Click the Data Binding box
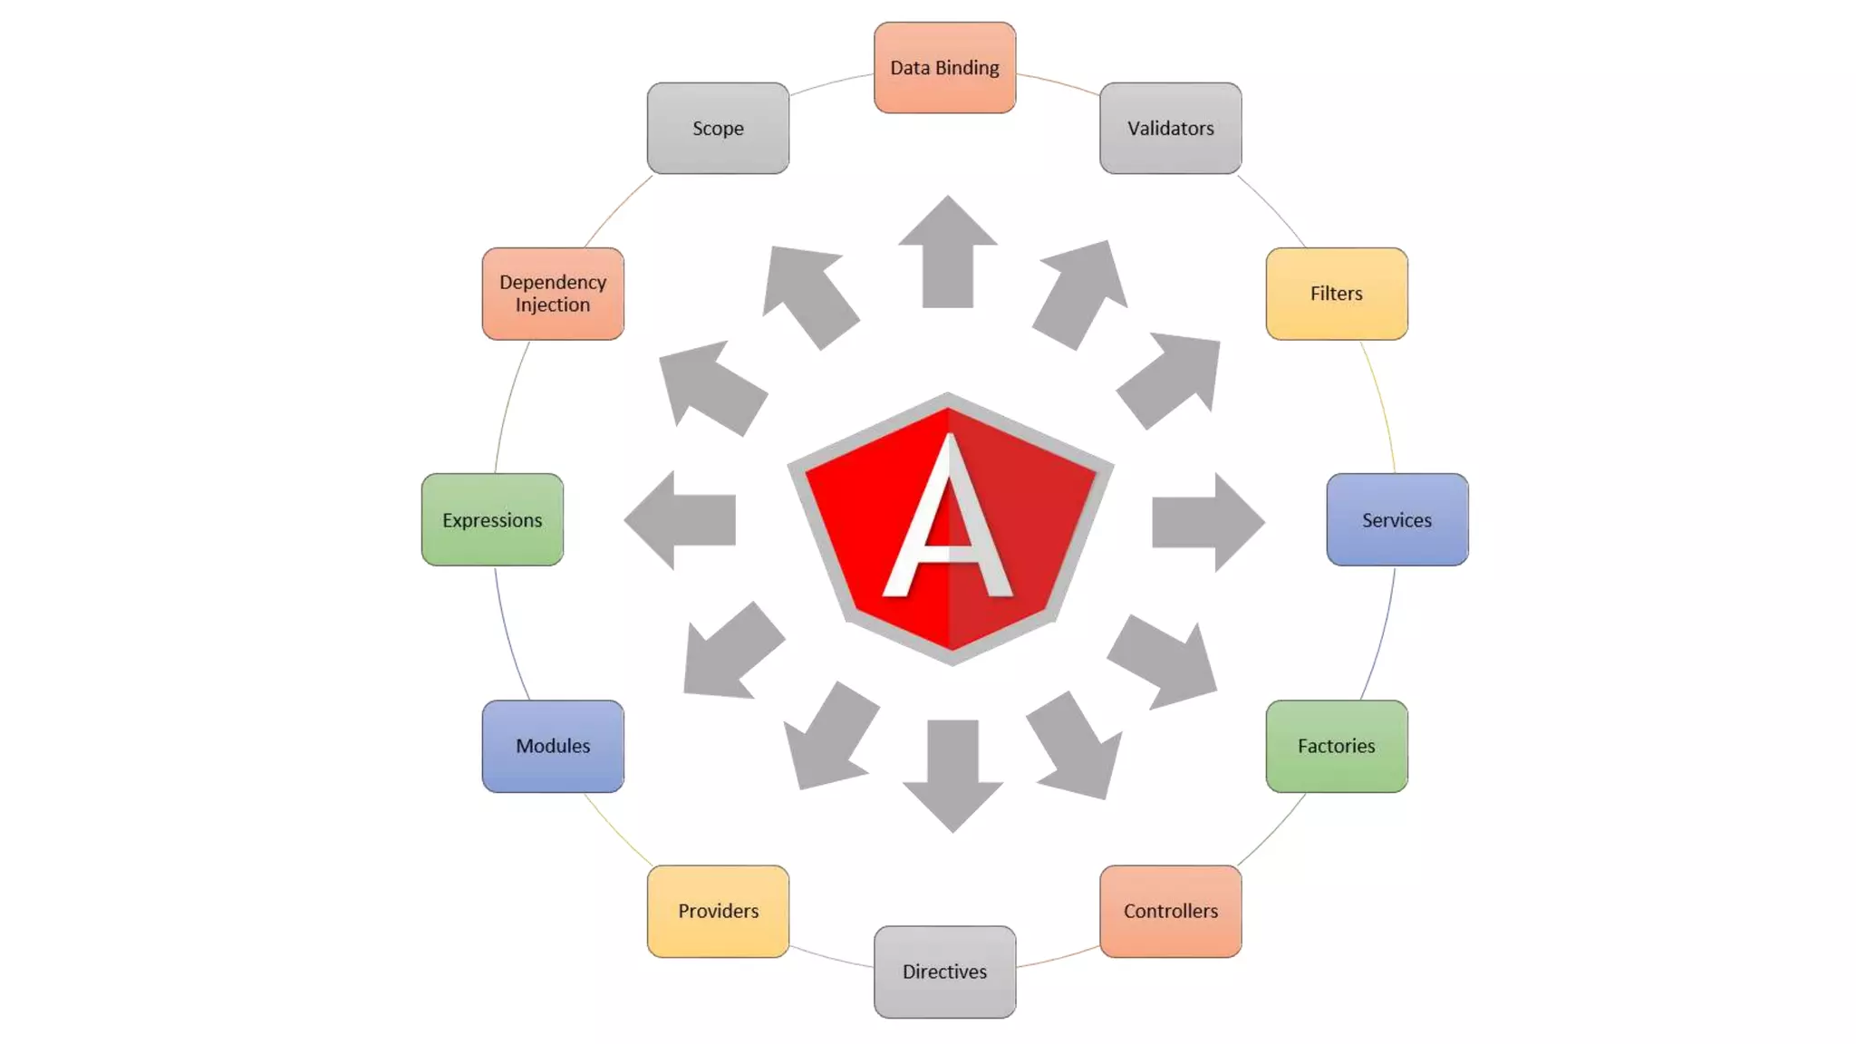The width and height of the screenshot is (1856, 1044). click(944, 68)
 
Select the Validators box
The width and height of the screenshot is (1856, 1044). click(1170, 128)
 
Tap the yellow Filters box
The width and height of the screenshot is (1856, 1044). click(1336, 294)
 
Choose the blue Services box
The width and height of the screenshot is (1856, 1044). click(1397, 519)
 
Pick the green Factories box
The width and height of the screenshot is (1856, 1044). click(1336, 746)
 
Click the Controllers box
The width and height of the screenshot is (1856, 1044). click(1170, 911)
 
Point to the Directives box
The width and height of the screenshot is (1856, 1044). click(944, 971)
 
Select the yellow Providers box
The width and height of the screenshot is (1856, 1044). click(718, 911)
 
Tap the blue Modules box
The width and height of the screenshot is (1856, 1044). click(553, 746)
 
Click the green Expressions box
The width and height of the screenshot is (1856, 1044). click(492, 519)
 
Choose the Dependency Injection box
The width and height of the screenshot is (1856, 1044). click(553, 294)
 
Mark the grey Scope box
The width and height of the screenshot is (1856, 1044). click(718, 128)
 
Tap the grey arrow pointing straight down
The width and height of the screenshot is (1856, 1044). click(952, 775)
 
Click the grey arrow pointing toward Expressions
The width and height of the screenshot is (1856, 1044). click(684, 520)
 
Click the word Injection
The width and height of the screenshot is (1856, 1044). click(553, 305)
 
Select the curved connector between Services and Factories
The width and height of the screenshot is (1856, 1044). click(1381, 634)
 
